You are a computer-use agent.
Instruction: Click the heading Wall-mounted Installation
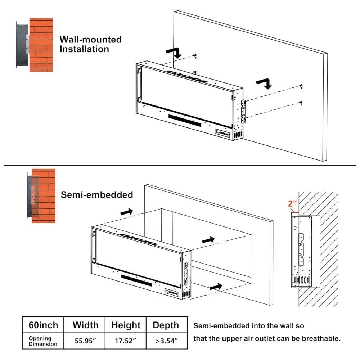pos(90,44)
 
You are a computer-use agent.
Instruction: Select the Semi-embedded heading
pos(97,195)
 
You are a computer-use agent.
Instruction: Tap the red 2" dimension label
pos(292,204)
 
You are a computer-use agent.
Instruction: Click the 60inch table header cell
pos(43,325)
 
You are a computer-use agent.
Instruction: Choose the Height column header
pos(126,325)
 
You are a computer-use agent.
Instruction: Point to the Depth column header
pos(166,325)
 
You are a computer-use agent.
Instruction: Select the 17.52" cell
pos(126,341)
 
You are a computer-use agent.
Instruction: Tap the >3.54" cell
pos(166,341)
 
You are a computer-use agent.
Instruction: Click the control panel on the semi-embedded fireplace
pos(171,292)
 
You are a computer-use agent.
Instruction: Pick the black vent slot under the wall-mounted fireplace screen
pos(185,121)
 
